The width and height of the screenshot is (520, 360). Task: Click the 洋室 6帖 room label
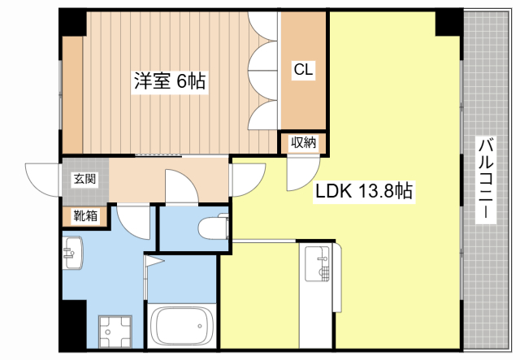click(x=170, y=80)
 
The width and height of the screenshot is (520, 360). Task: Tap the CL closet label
click(x=303, y=70)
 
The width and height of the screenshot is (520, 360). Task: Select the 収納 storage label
click(x=303, y=143)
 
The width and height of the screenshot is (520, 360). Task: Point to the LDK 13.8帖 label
click(x=363, y=191)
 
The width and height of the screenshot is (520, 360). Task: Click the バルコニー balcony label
click(x=486, y=180)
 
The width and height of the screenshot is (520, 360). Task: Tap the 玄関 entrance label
click(x=84, y=179)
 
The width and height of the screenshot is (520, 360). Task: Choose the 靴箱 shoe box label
click(x=85, y=216)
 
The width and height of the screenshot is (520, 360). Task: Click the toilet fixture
click(x=214, y=228)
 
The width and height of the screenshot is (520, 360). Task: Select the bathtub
click(x=181, y=326)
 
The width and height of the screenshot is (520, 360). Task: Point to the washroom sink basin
click(x=72, y=253)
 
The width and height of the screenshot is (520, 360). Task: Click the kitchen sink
click(x=318, y=264)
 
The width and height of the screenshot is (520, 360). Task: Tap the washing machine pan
click(x=115, y=331)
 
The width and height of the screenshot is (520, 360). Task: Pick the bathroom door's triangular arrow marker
click(x=154, y=261)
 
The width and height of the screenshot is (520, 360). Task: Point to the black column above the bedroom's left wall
click(x=72, y=23)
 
